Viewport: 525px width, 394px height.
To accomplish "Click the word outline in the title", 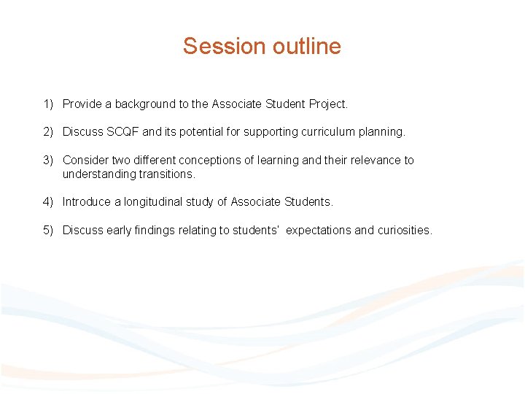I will tap(307, 46).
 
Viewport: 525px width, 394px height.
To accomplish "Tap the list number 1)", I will tap(48, 104).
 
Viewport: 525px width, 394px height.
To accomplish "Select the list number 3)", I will tap(48, 160).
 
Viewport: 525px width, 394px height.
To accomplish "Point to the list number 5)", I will tap(48, 231).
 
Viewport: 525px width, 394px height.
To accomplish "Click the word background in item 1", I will tap(150, 104).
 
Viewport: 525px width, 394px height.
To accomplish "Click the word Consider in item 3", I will tap(85, 160).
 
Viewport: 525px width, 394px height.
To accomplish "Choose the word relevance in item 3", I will tap(371, 160).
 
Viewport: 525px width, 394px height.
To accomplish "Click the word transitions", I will tap(166, 174).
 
